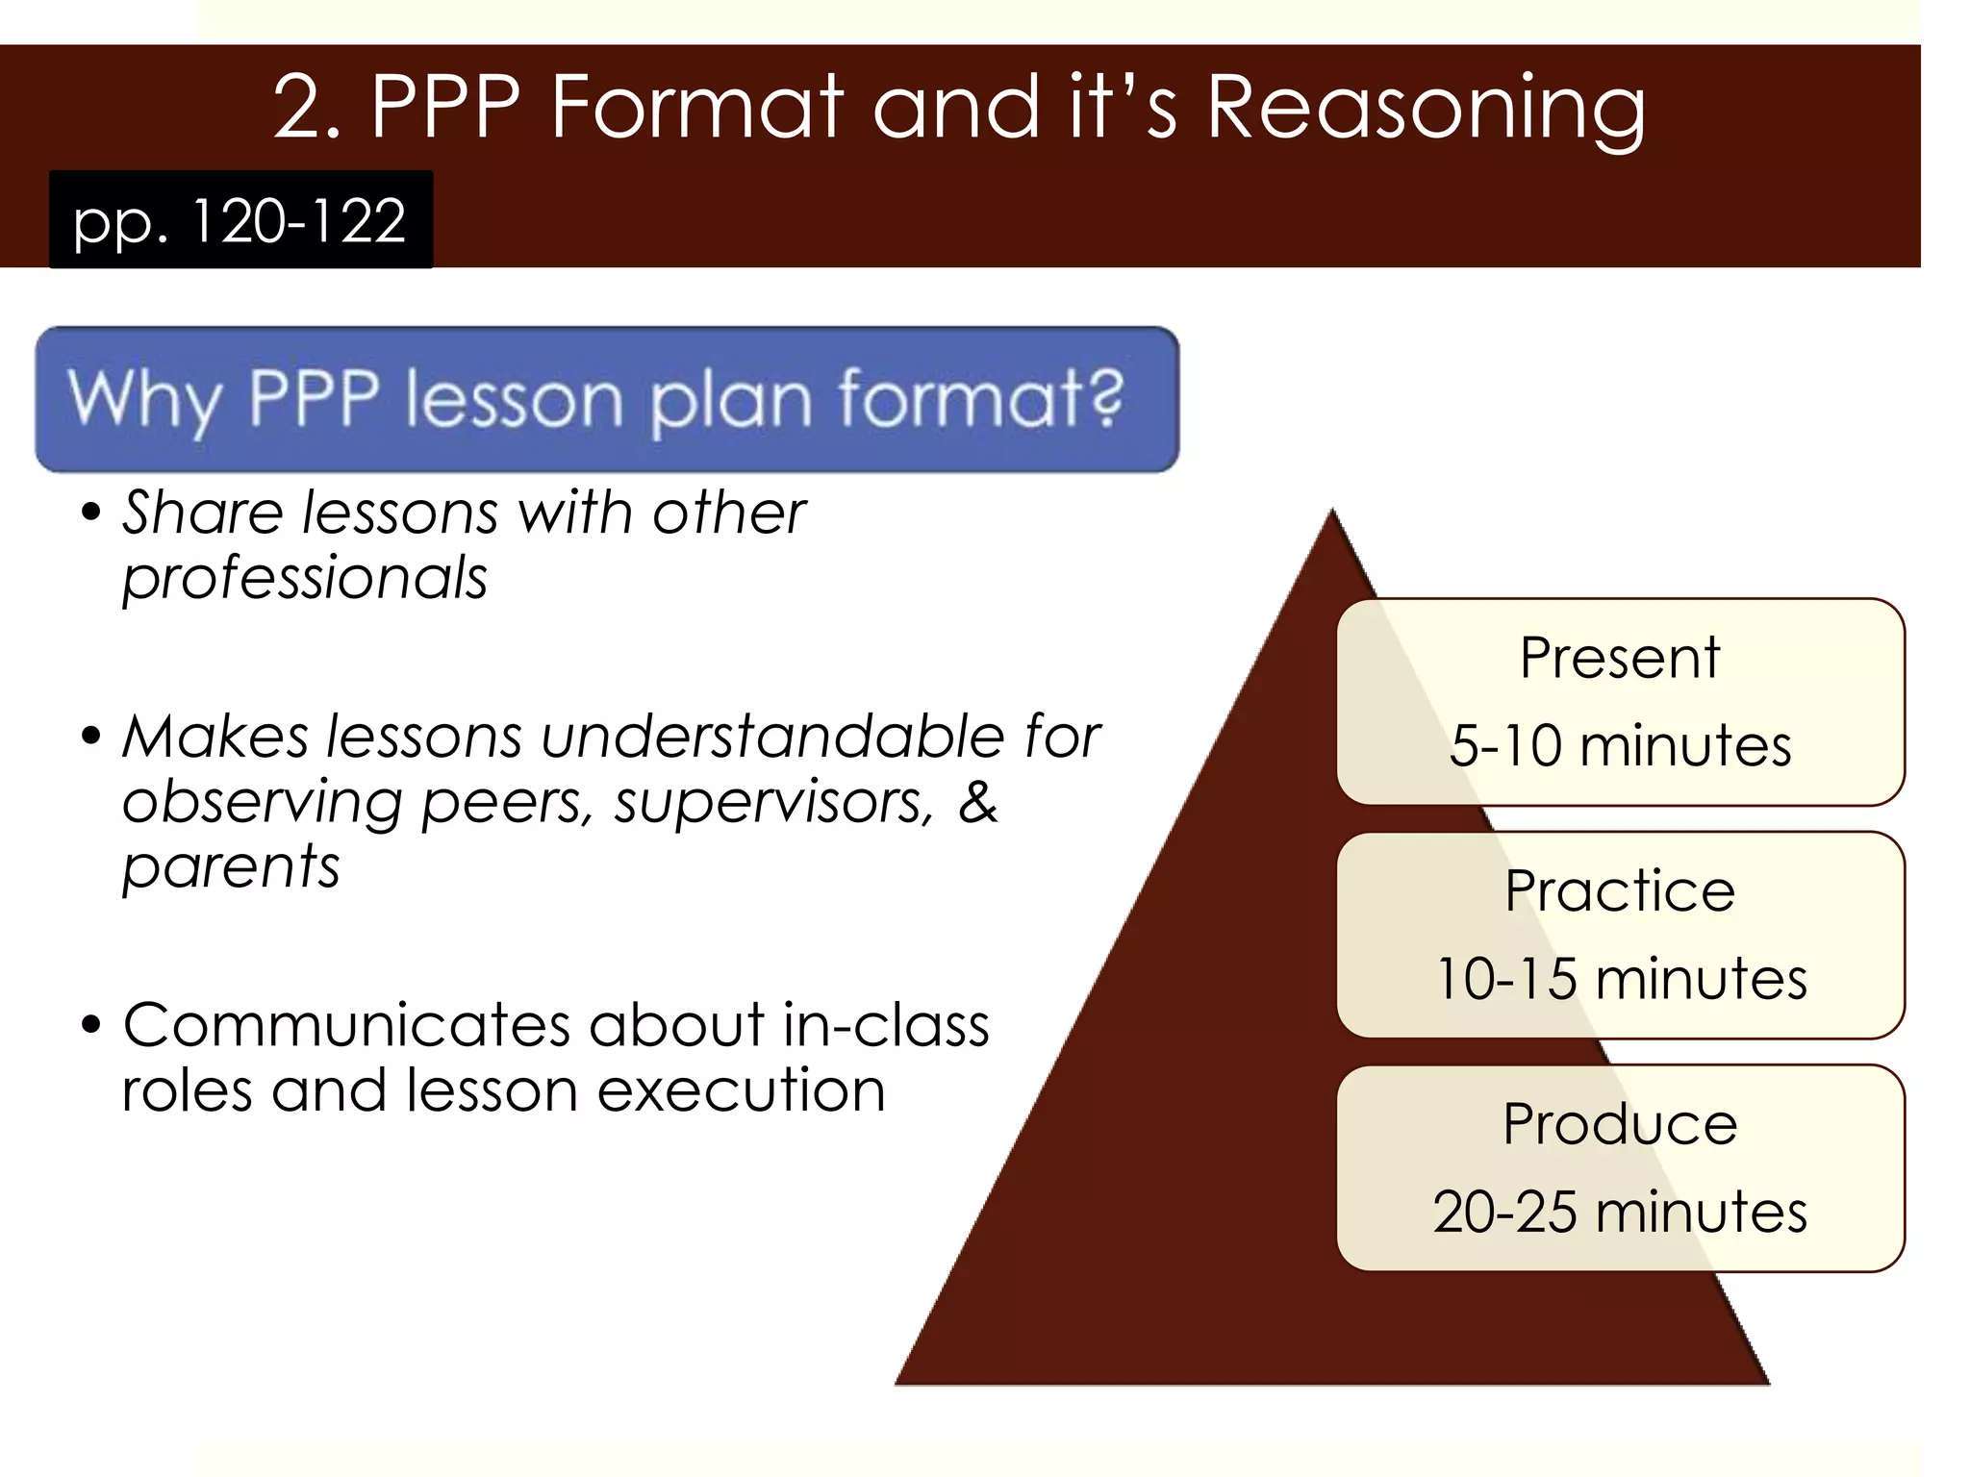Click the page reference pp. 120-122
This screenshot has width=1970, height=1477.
(x=240, y=220)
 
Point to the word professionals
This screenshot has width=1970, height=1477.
(x=305, y=578)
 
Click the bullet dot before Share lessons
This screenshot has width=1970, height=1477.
(x=91, y=513)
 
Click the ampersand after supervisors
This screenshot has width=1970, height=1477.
(x=978, y=802)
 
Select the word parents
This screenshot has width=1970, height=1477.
(x=231, y=867)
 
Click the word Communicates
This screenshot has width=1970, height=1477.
(x=345, y=1025)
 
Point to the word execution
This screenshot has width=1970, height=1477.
(x=741, y=1090)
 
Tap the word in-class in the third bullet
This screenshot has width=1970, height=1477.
(x=885, y=1025)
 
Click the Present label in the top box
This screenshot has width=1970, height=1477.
(x=1619, y=659)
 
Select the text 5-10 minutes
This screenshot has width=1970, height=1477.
(x=1620, y=746)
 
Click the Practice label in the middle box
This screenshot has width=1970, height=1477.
(x=1620, y=891)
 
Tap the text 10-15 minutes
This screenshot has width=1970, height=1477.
(x=1621, y=979)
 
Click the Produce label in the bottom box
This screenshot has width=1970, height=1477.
(x=1620, y=1124)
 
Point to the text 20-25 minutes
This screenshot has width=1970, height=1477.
(x=1620, y=1212)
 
